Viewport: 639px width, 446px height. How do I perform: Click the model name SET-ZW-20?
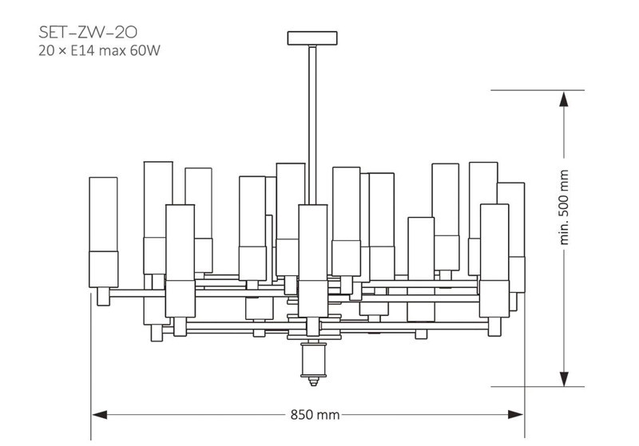point(88,32)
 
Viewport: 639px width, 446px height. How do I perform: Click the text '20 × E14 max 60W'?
point(99,51)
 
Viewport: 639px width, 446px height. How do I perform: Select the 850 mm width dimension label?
point(315,415)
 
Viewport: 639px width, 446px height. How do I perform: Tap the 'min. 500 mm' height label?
point(564,207)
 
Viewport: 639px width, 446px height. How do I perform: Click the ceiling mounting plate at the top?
point(312,38)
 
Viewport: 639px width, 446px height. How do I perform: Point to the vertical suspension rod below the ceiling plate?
point(312,125)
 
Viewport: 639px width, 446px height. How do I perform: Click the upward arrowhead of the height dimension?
point(564,99)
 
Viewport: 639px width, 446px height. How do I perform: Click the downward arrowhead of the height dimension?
point(564,378)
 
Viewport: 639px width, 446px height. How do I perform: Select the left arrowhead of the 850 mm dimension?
point(100,415)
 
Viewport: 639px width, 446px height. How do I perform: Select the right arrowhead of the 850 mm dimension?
point(515,415)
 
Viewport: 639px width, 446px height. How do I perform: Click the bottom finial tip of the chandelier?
point(313,382)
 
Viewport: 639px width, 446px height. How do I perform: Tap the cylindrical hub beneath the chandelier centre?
point(313,360)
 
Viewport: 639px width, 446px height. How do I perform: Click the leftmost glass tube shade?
point(104,232)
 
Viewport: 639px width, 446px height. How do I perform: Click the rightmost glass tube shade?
point(511,237)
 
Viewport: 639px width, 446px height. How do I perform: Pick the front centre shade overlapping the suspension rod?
point(312,261)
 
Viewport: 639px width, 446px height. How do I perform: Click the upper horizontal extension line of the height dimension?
point(538,90)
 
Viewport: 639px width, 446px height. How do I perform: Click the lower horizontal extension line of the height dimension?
point(538,387)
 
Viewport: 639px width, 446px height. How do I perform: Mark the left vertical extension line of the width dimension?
point(91,366)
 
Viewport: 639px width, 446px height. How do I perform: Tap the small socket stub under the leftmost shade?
point(104,296)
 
